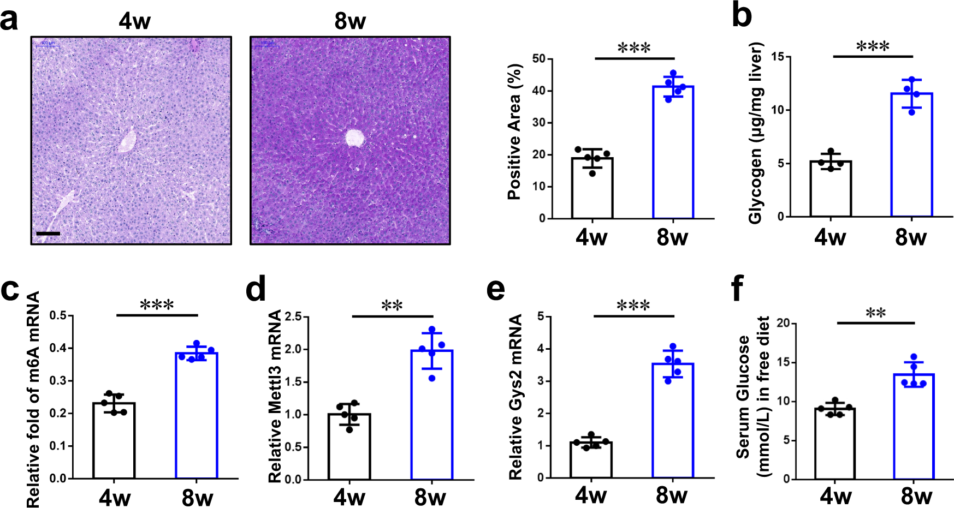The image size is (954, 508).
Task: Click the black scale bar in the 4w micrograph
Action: pyautogui.click(x=48, y=234)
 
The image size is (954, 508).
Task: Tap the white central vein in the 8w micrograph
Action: pyautogui.click(x=355, y=138)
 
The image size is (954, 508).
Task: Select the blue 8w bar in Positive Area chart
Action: pyautogui.click(x=673, y=153)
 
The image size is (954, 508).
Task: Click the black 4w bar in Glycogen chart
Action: pyautogui.click(x=831, y=189)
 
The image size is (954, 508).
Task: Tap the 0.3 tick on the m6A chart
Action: pyautogui.click(x=57, y=380)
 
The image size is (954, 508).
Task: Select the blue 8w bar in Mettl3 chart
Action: pyautogui.click(x=431, y=415)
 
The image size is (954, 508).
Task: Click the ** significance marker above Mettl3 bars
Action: pyautogui.click(x=392, y=306)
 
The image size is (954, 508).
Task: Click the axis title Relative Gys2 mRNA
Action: pyautogui.click(x=515, y=397)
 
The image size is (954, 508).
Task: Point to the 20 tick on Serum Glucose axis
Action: pyautogui.click(x=783, y=323)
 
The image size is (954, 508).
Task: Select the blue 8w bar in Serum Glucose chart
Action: pyautogui.click(x=914, y=427)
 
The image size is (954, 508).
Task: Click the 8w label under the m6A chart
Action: pyautogui.click(x=197, y=497)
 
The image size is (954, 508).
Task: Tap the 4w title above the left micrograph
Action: pyautogui.click(x=134, y=21)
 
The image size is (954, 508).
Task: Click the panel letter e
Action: pyautogui.click(x=496, y=289)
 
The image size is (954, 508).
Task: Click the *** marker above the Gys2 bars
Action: pyautogui.click(x=633, y=306)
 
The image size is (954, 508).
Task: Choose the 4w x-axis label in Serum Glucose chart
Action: pyautogui.click(x=836, y=496)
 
